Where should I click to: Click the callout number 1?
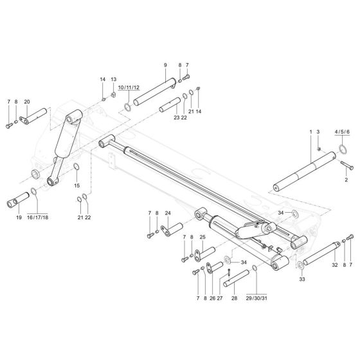point(310,132)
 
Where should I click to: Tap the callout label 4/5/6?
point(342,132)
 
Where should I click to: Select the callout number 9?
point(165,66)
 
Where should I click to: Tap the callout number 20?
point(27,102)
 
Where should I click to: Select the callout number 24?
point(167,213)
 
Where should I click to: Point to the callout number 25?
point(202,237)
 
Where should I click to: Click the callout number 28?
point(233,281)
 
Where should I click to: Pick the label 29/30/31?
point(256,281)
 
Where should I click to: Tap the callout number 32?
point(334,264)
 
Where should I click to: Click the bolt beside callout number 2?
point(344,166)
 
